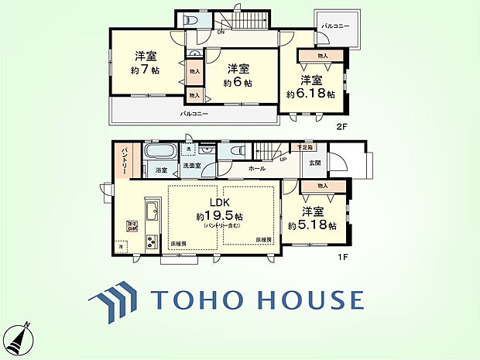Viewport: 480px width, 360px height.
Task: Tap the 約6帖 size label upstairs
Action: [x=238, y=83]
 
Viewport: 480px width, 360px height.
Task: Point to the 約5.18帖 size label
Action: [x=311, y=225]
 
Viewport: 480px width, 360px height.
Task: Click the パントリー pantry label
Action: [x=123, y=159]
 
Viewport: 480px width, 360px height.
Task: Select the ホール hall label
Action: [x=257, y=167]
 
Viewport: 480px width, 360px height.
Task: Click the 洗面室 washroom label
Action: [x=191, y=166]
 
